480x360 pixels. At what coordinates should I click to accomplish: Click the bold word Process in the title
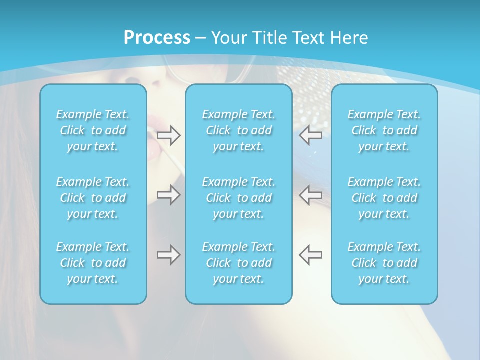tap(157, 38)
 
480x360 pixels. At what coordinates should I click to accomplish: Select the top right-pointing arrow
tap(168, 135)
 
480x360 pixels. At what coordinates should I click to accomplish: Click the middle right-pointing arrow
tap(168, 195)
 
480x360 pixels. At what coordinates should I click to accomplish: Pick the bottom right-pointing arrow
tap(168, 255)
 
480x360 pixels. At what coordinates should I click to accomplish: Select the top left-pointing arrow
tap(311, 135)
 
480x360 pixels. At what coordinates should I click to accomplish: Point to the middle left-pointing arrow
tap(311, 195)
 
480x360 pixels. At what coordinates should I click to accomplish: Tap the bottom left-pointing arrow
tap(311, 255)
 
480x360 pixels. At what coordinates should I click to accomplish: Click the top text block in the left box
tap(93, 130)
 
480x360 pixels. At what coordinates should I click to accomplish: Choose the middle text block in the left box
tap(93, 198)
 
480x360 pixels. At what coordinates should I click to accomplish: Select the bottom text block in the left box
tap(93, 263)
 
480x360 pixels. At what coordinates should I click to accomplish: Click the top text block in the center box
tap(239, 130)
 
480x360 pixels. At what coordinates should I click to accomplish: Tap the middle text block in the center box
tap(239, 198)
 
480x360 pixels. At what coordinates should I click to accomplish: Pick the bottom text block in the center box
tap(239, 263)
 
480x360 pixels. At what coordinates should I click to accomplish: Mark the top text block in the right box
tap(384, 130)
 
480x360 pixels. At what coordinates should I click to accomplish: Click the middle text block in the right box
tap(384, 198)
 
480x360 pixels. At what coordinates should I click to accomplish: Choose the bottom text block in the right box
tap(384, 263)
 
